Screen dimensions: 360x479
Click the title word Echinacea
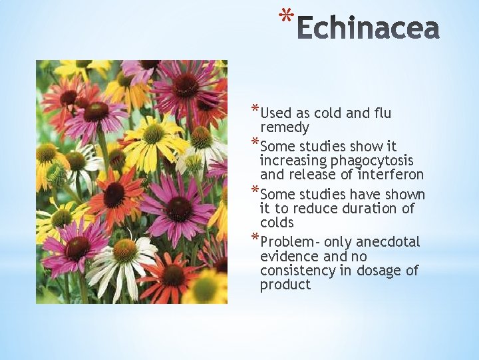[x=368, y=29]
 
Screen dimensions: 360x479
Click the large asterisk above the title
[x=286, y=16]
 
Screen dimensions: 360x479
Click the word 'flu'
[x=379, y=113]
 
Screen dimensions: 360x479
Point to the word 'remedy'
[x=285, y=128]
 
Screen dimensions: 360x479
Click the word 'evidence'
[x=287, y=257]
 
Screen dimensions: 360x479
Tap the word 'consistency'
[x=299, y=271]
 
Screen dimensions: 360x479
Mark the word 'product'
[x=285, y=285]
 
